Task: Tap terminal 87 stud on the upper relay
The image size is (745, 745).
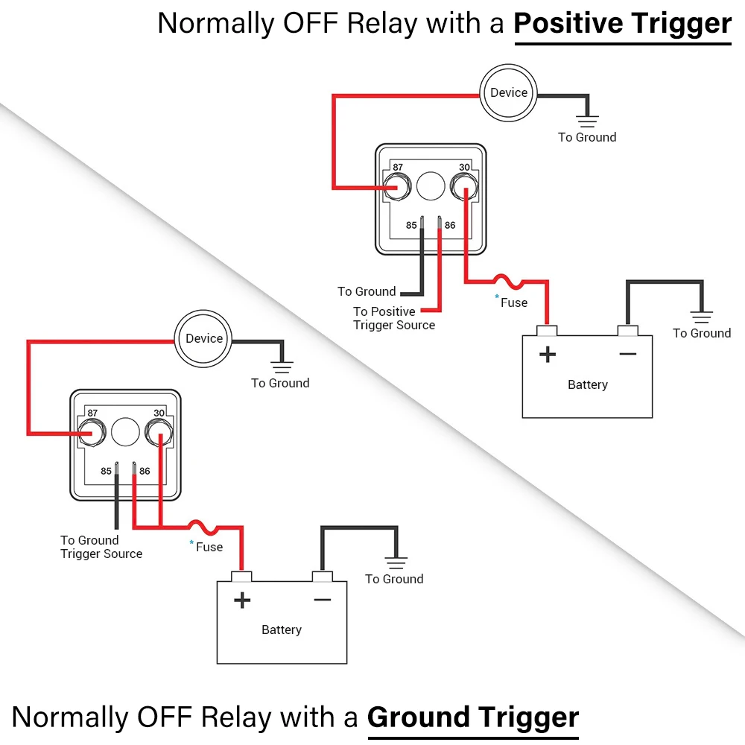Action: click(x=397, y=187)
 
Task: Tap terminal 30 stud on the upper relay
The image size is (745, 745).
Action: click(x=464, y=187)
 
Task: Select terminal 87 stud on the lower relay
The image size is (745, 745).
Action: click(x=92, y=432)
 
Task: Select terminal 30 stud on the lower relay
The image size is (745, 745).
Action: click(x=159, y=432)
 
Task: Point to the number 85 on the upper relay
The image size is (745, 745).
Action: click(x=411, y=225)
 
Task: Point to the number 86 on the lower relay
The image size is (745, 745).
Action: click(x=145, y=471)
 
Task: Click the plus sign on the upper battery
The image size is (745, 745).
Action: click(x=548, y=355)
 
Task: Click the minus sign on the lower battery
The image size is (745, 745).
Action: click(x=322, y=600)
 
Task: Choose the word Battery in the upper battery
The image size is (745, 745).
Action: click(x=588, y=384)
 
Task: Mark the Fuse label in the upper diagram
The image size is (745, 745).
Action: click(x=514, y=302)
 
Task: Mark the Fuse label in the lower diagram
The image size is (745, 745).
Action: click(x=209, y=547)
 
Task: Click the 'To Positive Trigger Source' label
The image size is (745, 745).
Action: click(x=394, y=318)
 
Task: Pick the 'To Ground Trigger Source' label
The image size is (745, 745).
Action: click(x=101, y=547)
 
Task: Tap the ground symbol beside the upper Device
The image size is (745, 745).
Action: click(x=587, y=121)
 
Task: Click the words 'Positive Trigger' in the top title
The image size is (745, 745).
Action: click(x=623, y=23)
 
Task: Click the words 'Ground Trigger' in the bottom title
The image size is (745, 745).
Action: click(x=473, y=717)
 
